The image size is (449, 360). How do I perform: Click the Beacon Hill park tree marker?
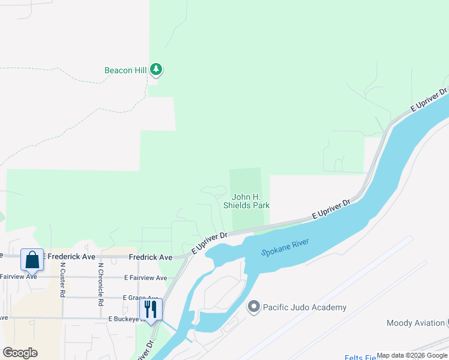(156, 70)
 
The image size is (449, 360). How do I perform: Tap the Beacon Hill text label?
(125, 70)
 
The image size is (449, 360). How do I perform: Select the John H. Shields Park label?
(246, 201)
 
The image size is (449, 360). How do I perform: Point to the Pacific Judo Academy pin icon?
(253, 307)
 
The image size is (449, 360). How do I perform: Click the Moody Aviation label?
(415, 323)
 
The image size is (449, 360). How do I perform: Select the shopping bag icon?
(32, 260)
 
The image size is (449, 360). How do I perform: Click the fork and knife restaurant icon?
(151, 310)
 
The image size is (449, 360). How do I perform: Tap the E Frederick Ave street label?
(68, 256)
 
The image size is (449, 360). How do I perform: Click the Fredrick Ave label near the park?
(150, 257)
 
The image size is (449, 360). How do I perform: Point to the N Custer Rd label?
(62, 280)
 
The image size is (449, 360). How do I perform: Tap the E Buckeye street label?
(127, 319)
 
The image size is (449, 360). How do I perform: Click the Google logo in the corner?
(20, 352)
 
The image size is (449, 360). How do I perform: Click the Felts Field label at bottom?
(360, 358)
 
